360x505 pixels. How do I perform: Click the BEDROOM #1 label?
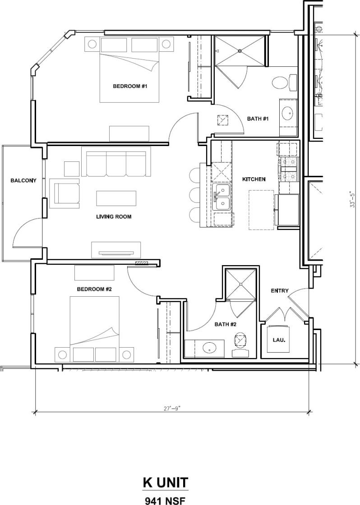coord(130,86)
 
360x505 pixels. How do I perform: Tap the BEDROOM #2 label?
coord(94,289)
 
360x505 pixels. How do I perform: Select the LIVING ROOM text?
coord(114,216)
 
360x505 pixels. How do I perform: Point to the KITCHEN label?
coord(254,179)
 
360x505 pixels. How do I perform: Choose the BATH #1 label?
coord(258,119)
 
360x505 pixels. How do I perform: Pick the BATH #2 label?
coord(226,324)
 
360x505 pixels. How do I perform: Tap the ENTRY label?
coord(279,291)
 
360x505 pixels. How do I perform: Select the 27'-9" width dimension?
coord(172,409)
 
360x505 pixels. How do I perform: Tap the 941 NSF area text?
coord(166,500)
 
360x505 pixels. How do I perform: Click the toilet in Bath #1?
coord(281,83)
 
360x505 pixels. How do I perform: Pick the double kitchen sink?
coord(222,197)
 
